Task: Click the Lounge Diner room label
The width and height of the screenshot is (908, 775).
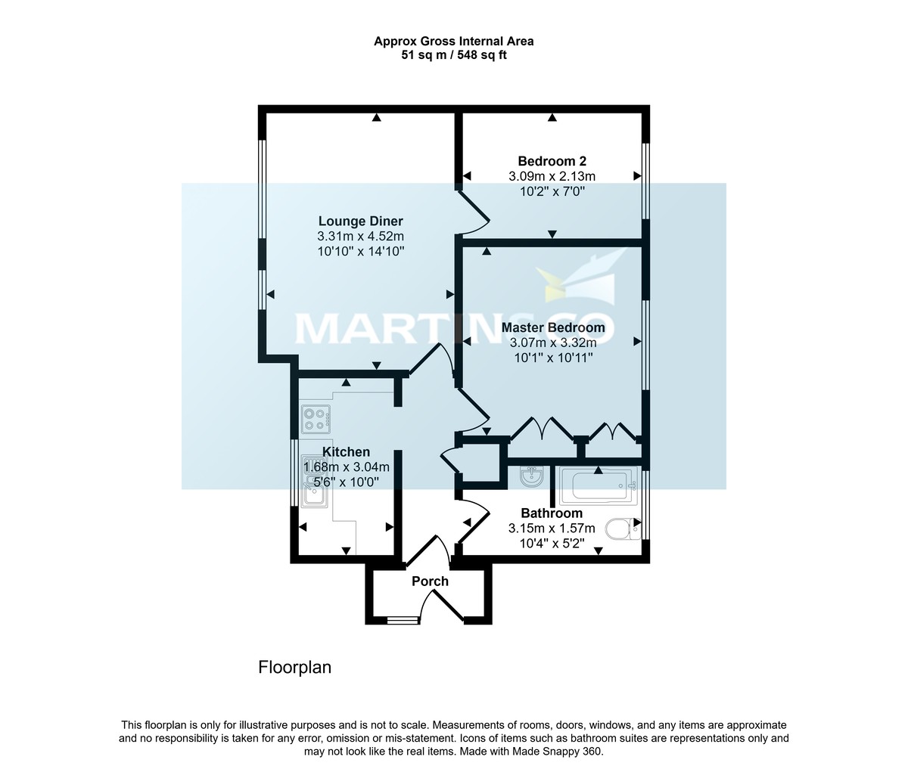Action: tap(360, 222)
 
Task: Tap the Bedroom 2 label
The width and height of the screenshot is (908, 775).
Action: tap(552, 161)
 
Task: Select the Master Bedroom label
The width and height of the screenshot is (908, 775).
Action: tap(553, 327)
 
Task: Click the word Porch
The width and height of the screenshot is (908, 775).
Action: tap(430, 581)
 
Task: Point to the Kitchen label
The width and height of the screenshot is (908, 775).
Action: tap(347, 452)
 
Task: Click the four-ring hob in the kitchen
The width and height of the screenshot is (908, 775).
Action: tap(316, 419)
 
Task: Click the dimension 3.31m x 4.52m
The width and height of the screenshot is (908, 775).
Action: tap(360, 237)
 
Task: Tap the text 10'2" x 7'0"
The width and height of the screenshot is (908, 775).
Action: tap(552, 191)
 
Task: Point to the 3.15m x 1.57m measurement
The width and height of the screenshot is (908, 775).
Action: tap(552, 528)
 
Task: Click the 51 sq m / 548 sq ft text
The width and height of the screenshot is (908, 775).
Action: tap(454, 55)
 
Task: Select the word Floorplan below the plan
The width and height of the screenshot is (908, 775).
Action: tap(295, 668)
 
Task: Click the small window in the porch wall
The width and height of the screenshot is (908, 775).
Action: tap(402, 621)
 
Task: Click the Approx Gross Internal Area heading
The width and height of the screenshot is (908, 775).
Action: tap(454, 42)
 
